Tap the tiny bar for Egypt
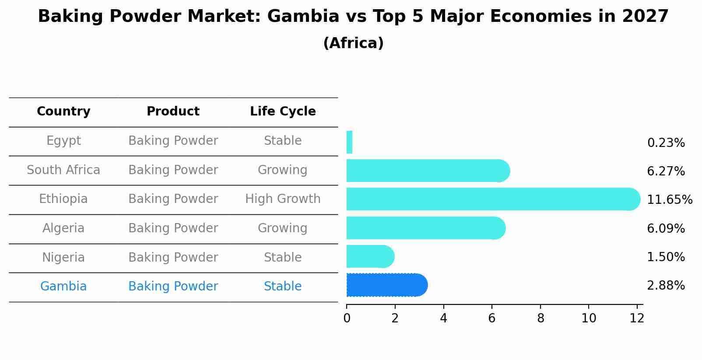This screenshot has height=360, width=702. point(349,142)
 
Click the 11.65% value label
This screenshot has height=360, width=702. point(669,200)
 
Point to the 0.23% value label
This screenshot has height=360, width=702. point(666,143)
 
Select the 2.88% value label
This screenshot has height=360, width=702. point(666,286)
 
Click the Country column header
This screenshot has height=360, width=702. point(63,112)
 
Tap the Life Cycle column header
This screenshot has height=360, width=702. point(283,112)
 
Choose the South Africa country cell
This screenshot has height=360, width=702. point(63,170)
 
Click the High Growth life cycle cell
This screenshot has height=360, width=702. point(283,199)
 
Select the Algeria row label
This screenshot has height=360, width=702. point(63,228)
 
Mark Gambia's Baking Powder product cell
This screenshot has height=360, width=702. point(173,287)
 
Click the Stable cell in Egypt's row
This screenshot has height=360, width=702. point(283,141)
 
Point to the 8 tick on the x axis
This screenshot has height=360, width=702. point(541,318)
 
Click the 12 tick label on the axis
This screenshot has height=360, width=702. point(637,318)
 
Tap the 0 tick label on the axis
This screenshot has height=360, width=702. point(347,318)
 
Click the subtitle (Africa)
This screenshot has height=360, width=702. point(353,43)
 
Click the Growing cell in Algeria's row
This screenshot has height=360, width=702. point(283,228)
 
